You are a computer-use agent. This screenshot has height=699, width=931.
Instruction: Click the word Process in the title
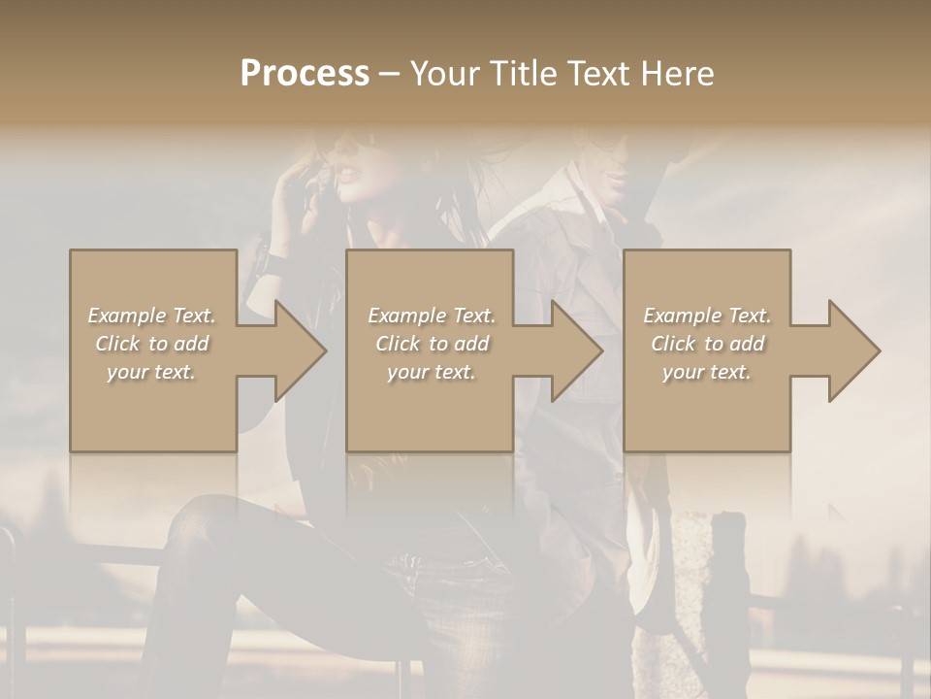[x=305, y=74]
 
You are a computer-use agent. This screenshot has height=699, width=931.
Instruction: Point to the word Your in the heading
[x=445, y=74]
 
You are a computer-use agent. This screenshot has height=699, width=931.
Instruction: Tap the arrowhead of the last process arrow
[x=852, y=350]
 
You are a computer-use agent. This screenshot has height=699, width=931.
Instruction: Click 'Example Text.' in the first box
[x=151, y=316]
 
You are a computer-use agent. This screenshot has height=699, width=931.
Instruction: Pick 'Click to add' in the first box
[x=151, y=344]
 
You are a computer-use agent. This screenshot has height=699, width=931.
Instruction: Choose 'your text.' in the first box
[x=151, y=372]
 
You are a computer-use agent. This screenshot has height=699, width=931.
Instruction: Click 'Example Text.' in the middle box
[x=431, y=316]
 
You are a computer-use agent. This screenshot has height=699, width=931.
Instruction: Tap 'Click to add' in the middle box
[x=431, y=344]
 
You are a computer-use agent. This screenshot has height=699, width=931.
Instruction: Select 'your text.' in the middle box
[x=431, y=372]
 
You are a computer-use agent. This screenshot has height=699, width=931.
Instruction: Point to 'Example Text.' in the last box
[x=707, y=316]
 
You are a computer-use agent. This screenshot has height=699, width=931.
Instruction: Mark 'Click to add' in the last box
[x=707, y=344]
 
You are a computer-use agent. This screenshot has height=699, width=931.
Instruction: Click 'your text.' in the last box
[x=707, y=372]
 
